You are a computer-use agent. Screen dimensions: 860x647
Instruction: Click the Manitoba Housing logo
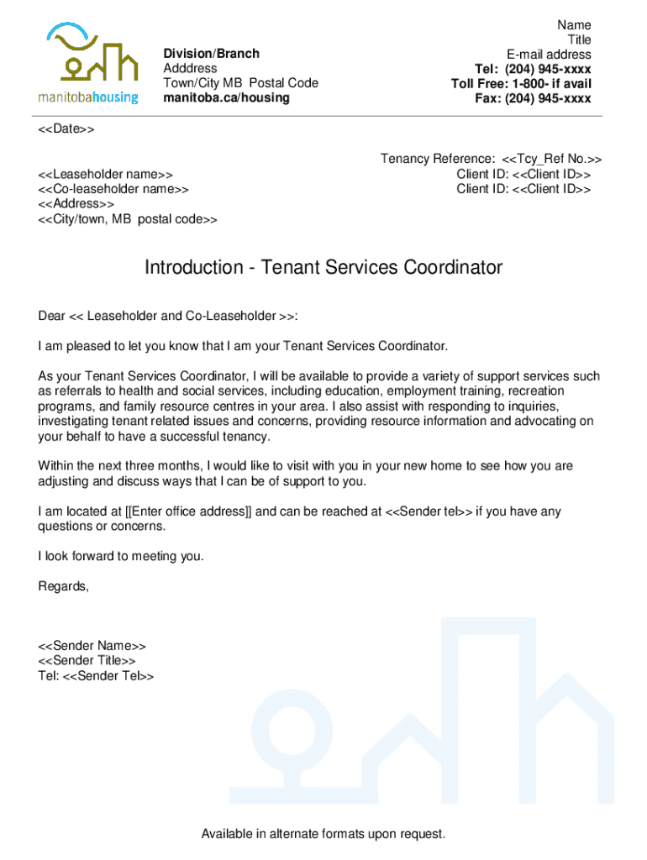point(88,64)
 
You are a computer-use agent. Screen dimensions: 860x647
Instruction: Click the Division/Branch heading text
point(211,54)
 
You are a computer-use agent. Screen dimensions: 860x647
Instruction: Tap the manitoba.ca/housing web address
point(226,98)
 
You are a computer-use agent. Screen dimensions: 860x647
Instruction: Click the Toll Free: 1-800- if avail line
point(521,84)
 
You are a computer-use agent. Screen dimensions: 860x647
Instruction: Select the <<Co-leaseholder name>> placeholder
point(113,189)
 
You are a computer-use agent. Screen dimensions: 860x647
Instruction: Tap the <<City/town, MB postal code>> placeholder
point(127,219)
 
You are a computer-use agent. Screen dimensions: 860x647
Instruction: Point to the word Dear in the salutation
point(51,316)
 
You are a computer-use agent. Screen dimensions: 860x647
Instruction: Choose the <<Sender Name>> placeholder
point(92,646)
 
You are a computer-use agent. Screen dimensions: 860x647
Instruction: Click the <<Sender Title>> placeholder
point(87,661)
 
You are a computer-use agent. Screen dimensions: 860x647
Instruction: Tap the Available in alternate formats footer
point(323,834)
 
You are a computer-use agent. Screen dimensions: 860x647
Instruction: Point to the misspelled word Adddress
point(190,69)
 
